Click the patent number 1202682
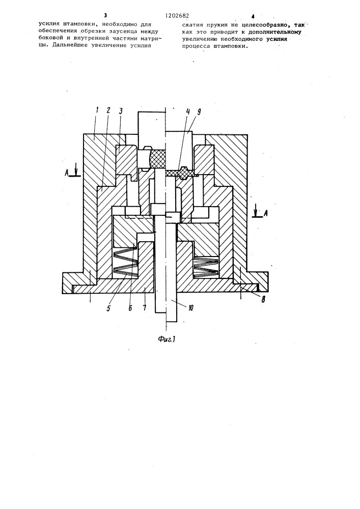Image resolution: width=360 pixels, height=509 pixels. coord(177,16)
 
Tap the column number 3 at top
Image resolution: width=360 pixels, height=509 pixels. coord(105,16)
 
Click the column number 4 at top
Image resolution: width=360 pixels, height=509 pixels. coord(252,16)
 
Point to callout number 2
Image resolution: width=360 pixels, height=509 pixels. coord(108,110)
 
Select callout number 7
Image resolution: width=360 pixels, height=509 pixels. coord(145,307)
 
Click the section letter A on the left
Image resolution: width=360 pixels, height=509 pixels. coord(67,173)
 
